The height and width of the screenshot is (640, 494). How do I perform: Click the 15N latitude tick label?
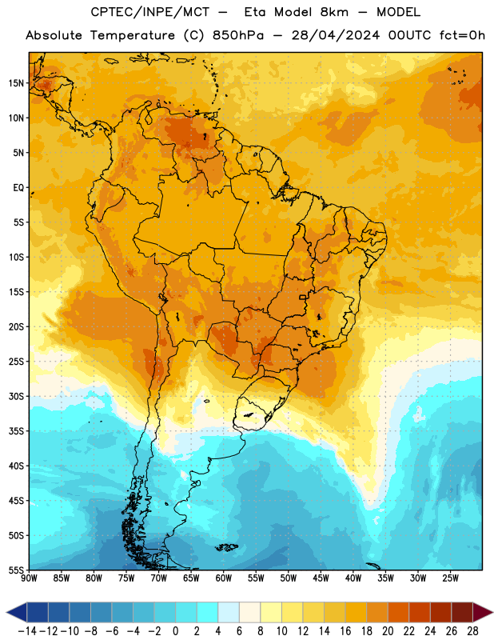point(16,83)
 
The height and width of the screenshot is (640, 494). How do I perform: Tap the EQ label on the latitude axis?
point(18,188)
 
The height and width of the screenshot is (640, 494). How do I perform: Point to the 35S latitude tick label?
point(16,431)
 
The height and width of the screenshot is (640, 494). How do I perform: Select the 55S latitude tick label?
point(16,570)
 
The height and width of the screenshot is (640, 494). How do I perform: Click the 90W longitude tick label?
point(30,578)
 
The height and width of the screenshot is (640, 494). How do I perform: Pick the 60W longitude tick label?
point(224,578)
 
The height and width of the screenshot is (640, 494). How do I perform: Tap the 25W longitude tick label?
point(450,578)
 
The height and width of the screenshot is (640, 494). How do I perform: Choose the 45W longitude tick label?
point(321,578)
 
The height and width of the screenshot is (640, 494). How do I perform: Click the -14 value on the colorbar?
point(27,631)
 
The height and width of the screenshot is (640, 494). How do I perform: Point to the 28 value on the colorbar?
point(472,631)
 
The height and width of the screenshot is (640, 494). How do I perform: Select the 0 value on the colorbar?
point(175,631)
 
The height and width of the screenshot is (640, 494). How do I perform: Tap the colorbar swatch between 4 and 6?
point(229,612)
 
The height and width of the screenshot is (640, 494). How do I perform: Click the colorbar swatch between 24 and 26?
point(441,612)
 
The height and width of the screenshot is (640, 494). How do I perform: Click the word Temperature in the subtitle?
point(132,35)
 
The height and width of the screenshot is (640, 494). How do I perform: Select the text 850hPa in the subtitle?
point(238,35)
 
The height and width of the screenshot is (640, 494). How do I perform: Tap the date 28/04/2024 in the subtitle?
point(335,35)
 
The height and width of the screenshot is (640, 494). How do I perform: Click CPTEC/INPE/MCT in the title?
point(149,12)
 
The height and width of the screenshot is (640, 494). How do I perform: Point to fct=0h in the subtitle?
point(462,35)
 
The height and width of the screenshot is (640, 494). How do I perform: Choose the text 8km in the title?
point(334,12)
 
